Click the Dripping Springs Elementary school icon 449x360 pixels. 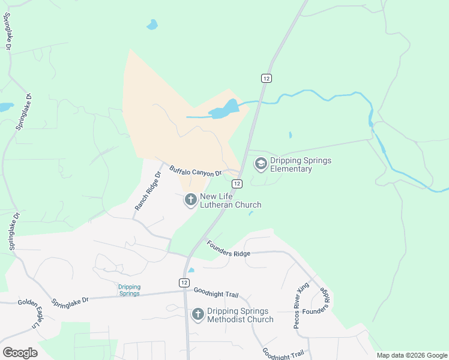tap(261, 163)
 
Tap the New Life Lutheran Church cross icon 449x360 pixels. tap(190, 200)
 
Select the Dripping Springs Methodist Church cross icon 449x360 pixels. tap(198, 314)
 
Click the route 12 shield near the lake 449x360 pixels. tap(267, 78)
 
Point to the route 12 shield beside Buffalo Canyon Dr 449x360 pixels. tap(237, 184)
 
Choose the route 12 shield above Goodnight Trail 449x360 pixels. tap(182, 282)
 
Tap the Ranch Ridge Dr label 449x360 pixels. tap(148, 191)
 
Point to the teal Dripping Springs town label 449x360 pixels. tap(128, 290)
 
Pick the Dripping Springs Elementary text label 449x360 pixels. tap(300, 164)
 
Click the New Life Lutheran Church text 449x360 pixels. tap(231, 200)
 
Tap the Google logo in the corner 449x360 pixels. tap(20, 352)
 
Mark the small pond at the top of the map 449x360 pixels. tap(152, 25)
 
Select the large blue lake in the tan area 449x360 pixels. tap(223, 109)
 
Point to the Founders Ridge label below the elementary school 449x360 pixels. tap(228, 249)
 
